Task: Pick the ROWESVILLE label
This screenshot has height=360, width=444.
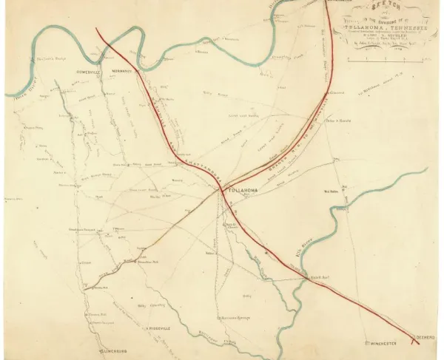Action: tap(87, 71)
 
